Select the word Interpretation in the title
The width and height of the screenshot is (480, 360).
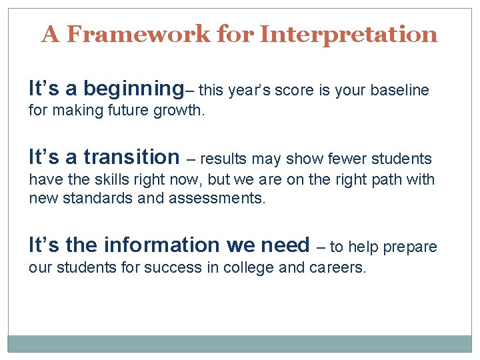(348, 34)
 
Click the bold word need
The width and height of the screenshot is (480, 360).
(285, 245)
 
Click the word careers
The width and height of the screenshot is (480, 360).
(338, 267)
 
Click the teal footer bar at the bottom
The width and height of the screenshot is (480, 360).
(239, 343)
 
